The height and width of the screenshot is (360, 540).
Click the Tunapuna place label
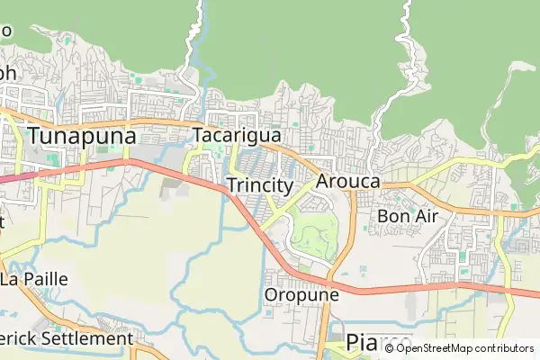pos(83,136)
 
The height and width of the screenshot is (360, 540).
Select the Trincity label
pos(260,185)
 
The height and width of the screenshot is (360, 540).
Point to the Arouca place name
pos(347,182)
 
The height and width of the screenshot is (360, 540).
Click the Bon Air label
pos(406,216)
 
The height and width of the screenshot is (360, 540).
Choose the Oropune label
pos(301,294)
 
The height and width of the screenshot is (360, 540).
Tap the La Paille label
pos(34,278)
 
